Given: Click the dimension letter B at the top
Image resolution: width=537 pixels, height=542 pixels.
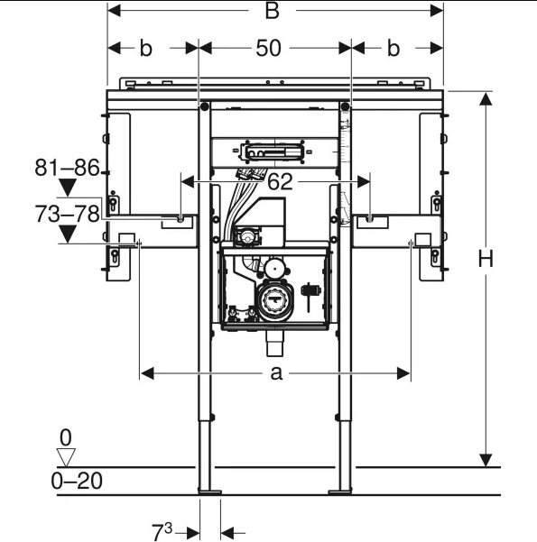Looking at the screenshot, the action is [272, 11].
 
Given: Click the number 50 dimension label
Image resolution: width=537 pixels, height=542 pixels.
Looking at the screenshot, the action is [268, 48].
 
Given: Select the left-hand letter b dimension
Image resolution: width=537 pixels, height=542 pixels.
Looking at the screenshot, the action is [145, 48].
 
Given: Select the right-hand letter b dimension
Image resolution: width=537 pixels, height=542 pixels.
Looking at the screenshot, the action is [393, 48].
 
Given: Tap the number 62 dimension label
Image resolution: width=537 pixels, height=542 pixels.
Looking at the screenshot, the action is [280, 182].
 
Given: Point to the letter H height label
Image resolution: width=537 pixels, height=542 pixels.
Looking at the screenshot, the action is [486, 259].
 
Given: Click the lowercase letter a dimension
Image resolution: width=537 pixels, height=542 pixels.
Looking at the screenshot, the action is [276, 373].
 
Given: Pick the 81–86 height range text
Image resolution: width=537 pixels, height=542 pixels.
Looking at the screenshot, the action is [67, 168].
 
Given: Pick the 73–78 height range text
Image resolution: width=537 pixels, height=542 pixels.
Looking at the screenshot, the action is [67, 214].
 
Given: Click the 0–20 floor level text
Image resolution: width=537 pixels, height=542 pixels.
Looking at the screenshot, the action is [77, 481].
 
